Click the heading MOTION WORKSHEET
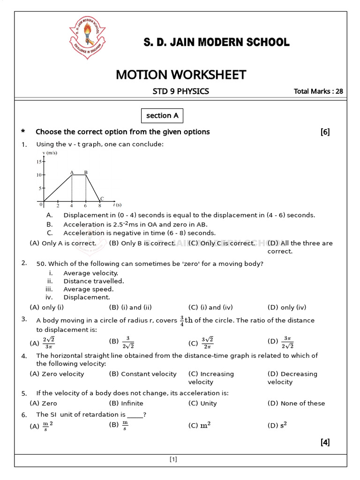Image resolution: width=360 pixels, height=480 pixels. click(x=180, y=75)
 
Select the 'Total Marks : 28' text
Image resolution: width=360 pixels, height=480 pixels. click(x=318, y=91)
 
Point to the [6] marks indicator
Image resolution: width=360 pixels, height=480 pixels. click(x=325, y=132)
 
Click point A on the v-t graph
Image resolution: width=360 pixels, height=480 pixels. click(x=72, y=174)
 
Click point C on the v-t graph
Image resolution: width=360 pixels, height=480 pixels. click(x=100, y=201)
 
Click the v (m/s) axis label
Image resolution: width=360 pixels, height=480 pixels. click(x=50, y=153)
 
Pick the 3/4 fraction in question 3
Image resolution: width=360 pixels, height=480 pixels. click(x=182, y=321)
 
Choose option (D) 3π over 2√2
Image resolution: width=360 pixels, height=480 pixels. click(x=281, y=343)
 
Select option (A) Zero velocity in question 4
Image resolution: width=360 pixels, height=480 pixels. click(x=57, y=374)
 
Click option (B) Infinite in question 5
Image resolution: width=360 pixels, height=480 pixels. click(x=126, y=403)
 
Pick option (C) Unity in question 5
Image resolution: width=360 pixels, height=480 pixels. click(x=202, y=403)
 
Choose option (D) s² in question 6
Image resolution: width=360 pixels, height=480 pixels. click(x=277, y=426)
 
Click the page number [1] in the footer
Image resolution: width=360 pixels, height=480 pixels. click(x=173, y=460)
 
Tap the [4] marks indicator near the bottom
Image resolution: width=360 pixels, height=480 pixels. click(x=325, y=442)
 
